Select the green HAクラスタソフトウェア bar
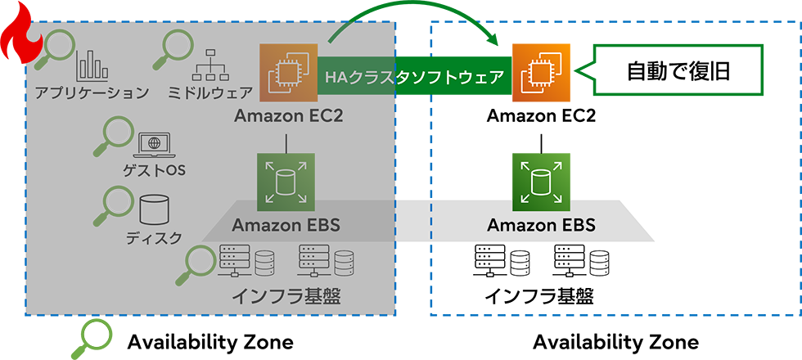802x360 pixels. (413, 78)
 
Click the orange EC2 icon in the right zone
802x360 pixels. (541, 74)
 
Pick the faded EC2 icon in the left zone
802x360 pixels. (287, 73)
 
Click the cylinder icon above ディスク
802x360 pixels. (152, 209)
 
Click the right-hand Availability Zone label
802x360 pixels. (616, 340)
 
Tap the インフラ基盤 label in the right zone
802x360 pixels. (538, 295)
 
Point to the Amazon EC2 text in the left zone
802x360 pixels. (287, 115)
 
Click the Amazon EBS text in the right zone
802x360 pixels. (541, 224)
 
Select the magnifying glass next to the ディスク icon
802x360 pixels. (117, 204)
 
